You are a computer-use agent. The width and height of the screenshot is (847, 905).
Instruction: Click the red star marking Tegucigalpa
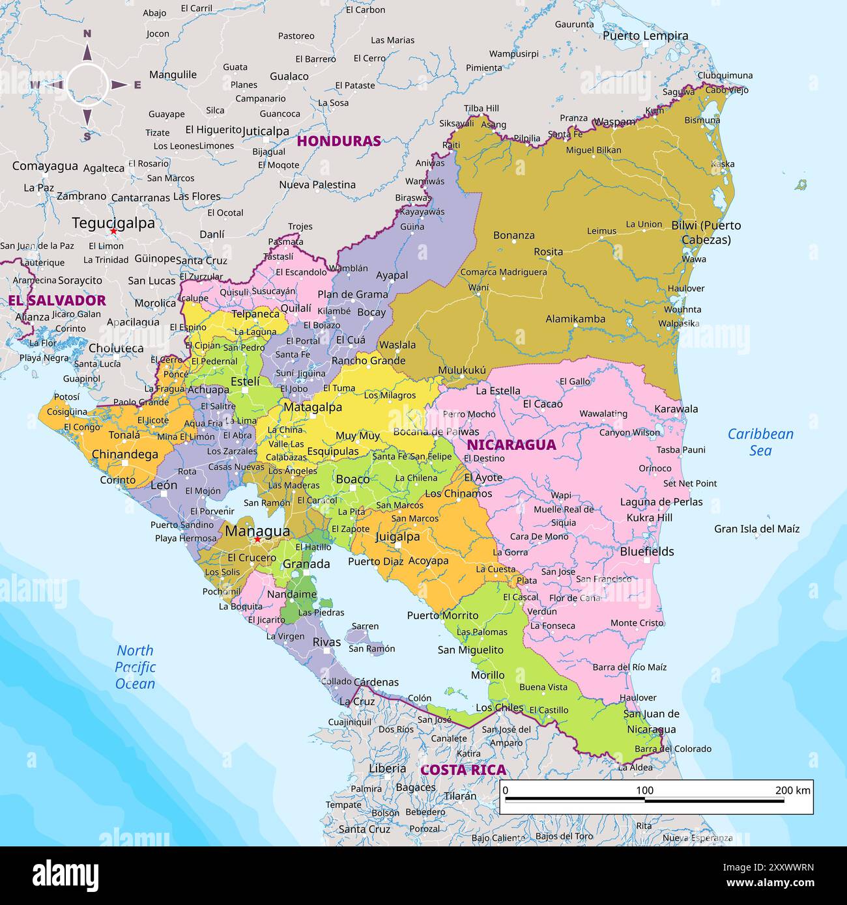pos(113,231)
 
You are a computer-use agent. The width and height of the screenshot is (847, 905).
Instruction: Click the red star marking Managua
pos(257,540)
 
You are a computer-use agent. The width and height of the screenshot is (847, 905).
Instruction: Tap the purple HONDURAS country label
pos(339,141)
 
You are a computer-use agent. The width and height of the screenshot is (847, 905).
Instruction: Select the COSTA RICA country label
pos(463,770)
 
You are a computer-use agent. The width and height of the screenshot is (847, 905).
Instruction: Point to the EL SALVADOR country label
pos(57,300)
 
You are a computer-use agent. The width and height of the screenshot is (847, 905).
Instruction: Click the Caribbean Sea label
pos(760,442)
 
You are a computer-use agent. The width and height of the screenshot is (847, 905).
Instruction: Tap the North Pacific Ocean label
pos(135,667)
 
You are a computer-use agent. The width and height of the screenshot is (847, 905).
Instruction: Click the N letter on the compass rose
pos(87,34)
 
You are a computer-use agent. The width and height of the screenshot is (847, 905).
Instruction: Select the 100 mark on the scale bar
pos(644,790)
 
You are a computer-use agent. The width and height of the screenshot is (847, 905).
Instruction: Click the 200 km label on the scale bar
pos(792,790)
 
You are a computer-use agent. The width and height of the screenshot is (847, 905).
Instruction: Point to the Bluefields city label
pos(646,551)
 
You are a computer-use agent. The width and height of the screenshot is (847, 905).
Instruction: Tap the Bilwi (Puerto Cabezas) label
pos(706,232)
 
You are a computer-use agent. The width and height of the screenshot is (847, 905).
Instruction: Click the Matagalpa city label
pos(312,408)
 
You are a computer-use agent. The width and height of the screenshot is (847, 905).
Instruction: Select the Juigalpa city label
pos(397,537)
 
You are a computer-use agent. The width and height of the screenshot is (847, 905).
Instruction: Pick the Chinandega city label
pos(124,454)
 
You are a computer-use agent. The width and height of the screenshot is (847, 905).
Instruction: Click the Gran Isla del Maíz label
pos(756,529)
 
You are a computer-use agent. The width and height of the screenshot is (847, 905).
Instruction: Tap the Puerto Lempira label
pos(645,36)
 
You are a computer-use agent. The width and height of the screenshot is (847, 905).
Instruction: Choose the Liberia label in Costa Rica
pos(387,768)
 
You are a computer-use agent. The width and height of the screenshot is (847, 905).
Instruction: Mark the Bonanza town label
pos(513,235)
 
